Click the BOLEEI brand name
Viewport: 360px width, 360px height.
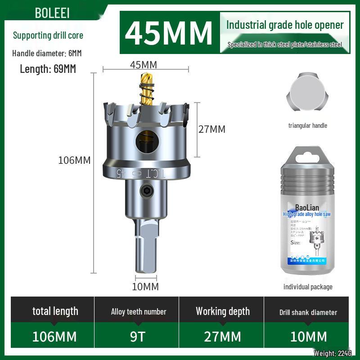tap(52, 13)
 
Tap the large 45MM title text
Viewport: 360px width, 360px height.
tap(168, 32)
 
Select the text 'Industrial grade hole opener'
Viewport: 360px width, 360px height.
tap(284, 25)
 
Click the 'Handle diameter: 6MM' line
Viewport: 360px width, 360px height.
tap(47, 53)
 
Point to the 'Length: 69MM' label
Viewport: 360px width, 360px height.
tap(48, 69)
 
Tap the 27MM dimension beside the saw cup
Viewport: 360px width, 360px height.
tap(212, 129)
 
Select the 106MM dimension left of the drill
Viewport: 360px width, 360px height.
tap(74, 160)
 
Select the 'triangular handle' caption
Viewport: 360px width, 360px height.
tap(308, 126)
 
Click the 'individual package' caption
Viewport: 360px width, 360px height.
tap(308, 287)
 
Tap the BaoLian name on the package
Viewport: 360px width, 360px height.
tap(307, 207)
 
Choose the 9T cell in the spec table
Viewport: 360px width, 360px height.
tap(137, 337)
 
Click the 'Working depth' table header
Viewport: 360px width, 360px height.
tap(222, 311)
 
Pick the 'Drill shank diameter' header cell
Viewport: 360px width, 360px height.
tap(308, 312)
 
